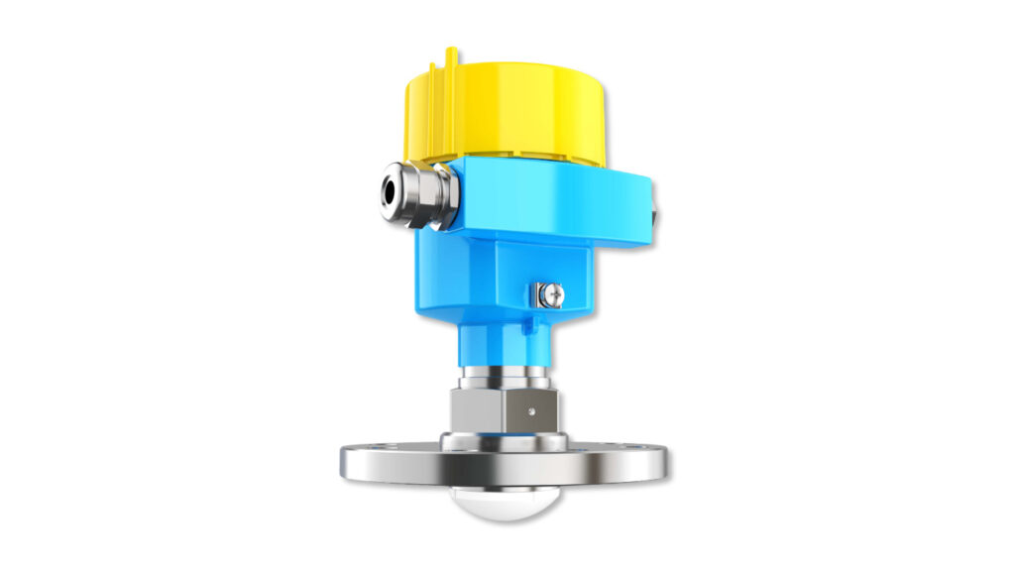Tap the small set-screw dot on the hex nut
(532, 408)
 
